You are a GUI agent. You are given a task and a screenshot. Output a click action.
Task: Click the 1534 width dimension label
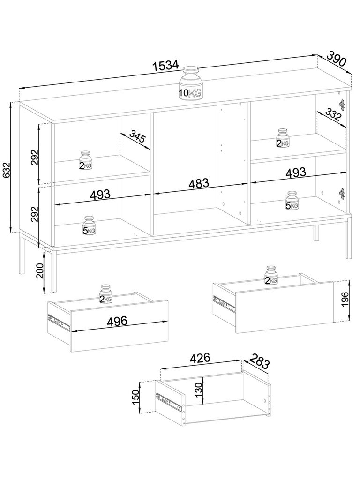click(x=165, y=65)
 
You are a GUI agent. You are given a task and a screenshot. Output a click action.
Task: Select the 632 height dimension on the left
click(x=6, y=170)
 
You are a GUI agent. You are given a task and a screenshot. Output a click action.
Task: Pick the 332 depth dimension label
click(x=333, y=114)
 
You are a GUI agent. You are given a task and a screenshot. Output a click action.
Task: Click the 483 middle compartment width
click(x=199, y=183)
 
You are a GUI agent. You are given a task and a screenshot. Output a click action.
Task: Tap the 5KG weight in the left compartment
click(x=89, y=225)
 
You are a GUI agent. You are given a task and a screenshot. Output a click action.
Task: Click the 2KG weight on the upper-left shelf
click(x=85, y=160)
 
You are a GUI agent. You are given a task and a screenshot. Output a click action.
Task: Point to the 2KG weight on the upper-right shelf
click(x=282, y=138)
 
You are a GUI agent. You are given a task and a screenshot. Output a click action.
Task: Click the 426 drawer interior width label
click(x=200, y=358)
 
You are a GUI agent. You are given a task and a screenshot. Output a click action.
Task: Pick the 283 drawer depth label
click(x=259, y=361)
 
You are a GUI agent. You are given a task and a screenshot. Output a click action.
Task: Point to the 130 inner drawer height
click(x=198, y=390)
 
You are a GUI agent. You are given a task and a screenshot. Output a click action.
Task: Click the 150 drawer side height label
click(x=135, y=397)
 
